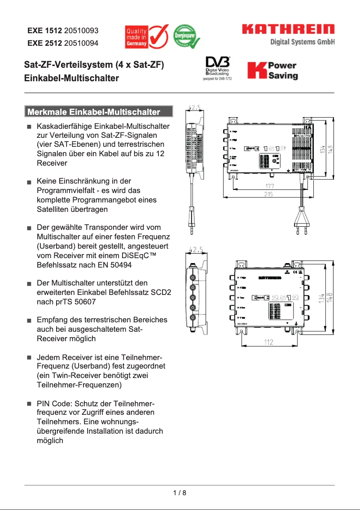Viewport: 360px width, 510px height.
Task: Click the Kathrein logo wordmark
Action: coord(289,30)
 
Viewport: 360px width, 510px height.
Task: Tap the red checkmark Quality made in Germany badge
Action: coord(146,37)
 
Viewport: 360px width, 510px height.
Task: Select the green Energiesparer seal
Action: coord(184,36)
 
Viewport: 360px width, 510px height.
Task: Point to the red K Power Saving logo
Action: coord(272,70)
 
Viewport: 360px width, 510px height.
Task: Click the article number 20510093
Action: coord(81,31)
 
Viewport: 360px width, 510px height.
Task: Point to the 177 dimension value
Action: coord(269,186)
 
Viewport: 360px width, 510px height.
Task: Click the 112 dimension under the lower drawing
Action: coord(268,343)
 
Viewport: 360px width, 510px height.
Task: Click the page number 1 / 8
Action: coord(180,493)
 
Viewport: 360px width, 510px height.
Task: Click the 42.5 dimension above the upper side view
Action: coord(194,108)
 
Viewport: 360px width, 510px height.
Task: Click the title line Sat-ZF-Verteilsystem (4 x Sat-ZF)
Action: coord(94,66)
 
